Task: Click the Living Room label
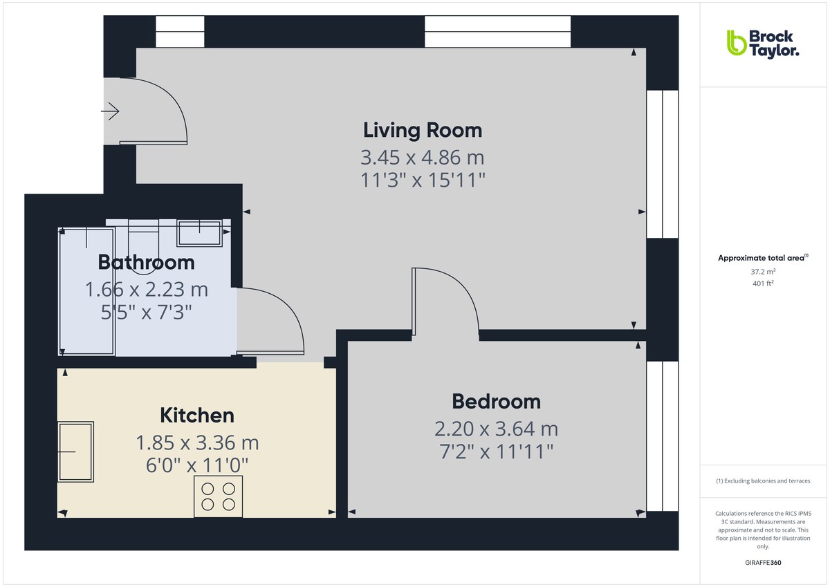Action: tap(423, 130)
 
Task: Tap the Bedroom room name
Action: tap(496, 401)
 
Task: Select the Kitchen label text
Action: tap(197, 416)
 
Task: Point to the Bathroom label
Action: tap(146, 263)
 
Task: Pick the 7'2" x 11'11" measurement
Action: tap(496, 452)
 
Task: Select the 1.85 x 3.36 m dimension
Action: tap(197, 442)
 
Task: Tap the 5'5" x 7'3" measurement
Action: tap(146, 313)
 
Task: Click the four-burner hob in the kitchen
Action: tap(218, 496)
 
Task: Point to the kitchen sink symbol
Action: tap(75, 451)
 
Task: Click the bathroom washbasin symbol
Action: tap(199, 233)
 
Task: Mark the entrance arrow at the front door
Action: tap(111, 111)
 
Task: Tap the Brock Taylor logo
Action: tap(762, 42)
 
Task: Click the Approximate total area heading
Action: tap(762, 258)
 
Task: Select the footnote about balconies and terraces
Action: tap(762, 481)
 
